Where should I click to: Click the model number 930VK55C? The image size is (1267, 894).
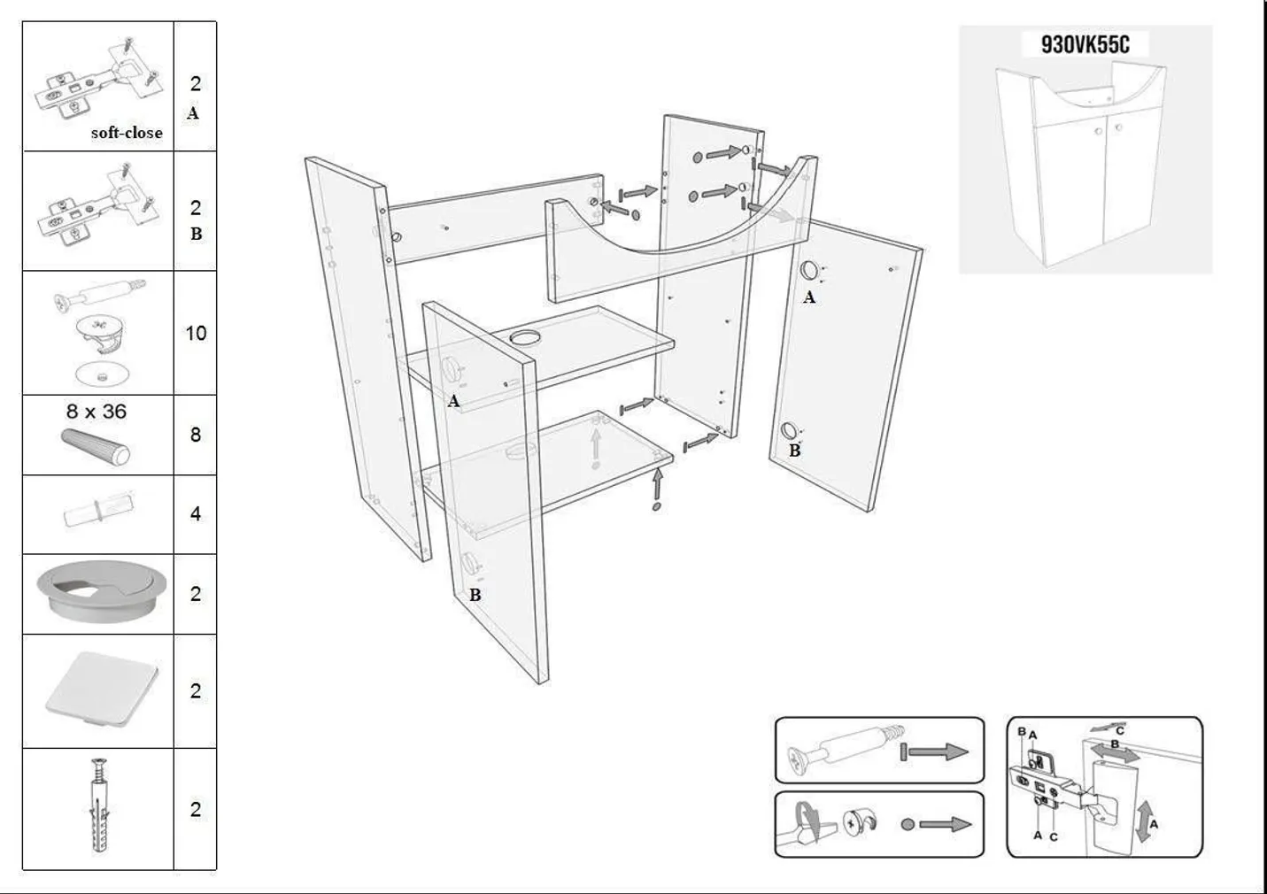tap(1085, 44)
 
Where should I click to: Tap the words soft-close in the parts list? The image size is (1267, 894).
tap(127, 133)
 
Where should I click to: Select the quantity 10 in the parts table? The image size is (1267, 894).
tap(196, 333)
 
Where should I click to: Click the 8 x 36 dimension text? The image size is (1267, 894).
tap(97, 411)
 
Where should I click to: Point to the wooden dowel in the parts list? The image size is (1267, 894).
tap(96, 447)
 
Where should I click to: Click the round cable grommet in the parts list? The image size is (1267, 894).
tap(102, 590)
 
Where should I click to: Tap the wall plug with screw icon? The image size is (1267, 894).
tap(99, 805)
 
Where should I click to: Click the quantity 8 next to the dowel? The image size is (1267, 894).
tap(196, 435)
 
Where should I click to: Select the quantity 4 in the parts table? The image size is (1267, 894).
tap(196, 513)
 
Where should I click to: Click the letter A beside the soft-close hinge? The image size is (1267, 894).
tap(193, 113)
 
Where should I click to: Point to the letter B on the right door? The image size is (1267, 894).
tap(795, 451)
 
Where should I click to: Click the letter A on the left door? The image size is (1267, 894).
tap(453, 402)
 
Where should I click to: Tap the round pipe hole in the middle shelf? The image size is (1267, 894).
tap(525, 337)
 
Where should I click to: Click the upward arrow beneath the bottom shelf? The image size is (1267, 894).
tap(657, 483)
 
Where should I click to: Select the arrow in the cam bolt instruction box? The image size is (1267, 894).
tap(934, 751)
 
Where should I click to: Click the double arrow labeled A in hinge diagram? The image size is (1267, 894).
tap(1145, 821)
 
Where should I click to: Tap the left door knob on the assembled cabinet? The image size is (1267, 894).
tap(1099, 131)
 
